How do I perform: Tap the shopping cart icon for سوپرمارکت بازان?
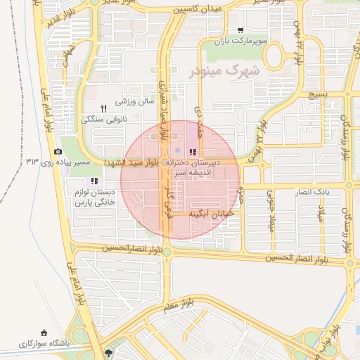coord(241,30)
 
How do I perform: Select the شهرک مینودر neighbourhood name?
coord(224,71)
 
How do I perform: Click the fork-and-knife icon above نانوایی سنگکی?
coord(103,108)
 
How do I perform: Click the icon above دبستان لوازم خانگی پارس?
coord(94,181)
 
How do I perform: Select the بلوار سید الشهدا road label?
coord(134,162)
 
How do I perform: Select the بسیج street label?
coord(319,94)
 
